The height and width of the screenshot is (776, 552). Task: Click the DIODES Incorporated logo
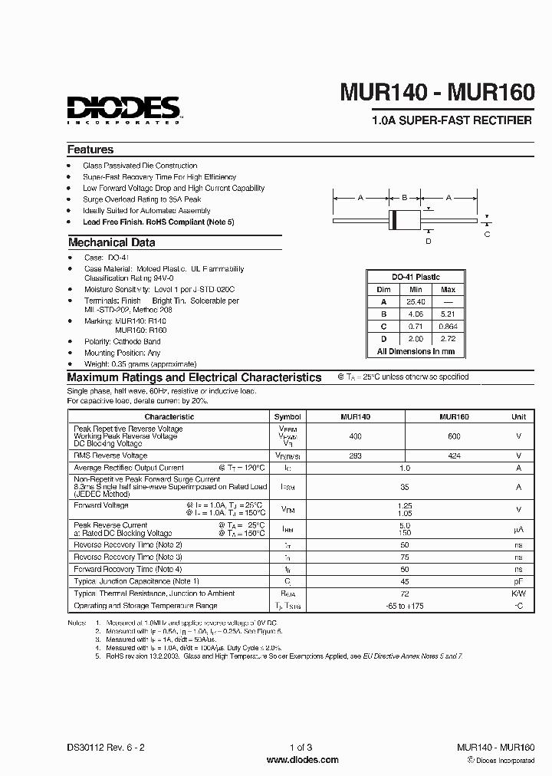pyautogui.click(x=123, y=110)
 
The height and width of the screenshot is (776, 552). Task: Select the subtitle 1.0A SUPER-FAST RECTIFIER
pyautogui.click(x=451, y=121)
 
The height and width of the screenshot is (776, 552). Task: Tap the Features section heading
pyautogui.click(x=90, y=150)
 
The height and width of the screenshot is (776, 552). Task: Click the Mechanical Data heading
pyautogui.click(x=111, y=242)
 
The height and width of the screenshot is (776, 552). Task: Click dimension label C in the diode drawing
pyautogui.click(x=487, y=234)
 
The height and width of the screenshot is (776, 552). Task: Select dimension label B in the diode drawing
pyautogui.click(x=404, y=198)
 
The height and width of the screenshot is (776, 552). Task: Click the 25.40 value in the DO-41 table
pyautogui.click(x=416, y=301)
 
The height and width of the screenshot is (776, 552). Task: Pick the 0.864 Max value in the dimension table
pyautogui.click(x=449, y=326)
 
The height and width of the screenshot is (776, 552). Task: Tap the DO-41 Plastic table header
pyautogui.click(x=416, y=277)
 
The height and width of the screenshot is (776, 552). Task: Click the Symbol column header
pyautogui.click(x=287, y=416)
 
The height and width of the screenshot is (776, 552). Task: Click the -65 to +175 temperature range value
pyautogui.click(x=405, y=605)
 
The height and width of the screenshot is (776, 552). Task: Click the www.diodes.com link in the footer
pyautogui.click(x=302, y=760)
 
